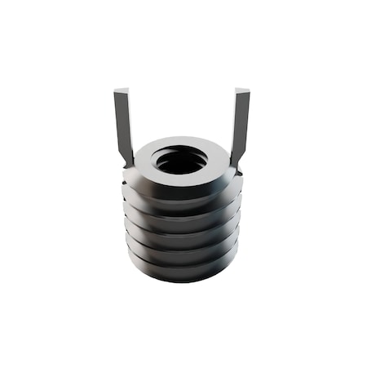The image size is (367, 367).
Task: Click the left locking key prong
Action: pos(123,126)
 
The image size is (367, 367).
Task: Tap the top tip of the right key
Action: pos(242,90)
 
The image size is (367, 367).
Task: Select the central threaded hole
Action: pos(180,161)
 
